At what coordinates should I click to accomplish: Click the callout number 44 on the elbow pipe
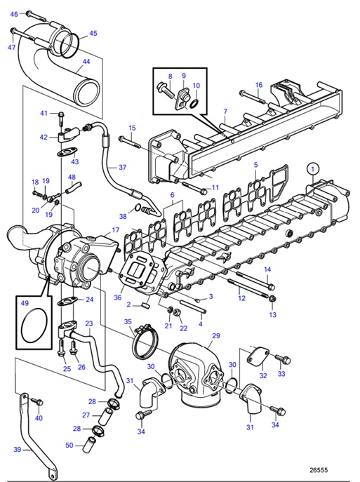86,61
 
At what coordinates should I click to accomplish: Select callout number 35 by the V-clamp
128,321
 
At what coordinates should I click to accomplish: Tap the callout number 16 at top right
258,85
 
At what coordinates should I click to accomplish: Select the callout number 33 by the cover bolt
282,374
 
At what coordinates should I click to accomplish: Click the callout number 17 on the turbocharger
116,230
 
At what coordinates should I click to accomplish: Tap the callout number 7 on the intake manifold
225,112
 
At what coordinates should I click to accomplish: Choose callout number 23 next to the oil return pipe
89,323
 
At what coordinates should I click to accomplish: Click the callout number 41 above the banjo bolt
43,113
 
